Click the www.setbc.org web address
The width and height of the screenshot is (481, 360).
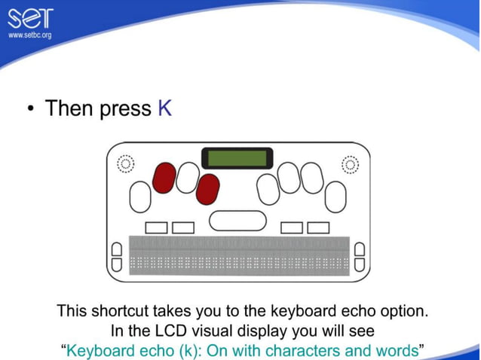[x=29, y=35]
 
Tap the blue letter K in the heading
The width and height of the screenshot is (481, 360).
[x=164, y=108]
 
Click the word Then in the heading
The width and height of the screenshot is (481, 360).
[x=70, y=108]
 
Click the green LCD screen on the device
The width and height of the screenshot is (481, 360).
[x=237, y=158]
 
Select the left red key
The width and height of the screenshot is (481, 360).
[x=164, y=178]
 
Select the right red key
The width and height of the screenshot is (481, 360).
[x=207, y=189]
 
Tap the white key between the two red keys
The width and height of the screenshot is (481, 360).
[x=187, y=178]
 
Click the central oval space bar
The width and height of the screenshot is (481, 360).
[x=237, y=220]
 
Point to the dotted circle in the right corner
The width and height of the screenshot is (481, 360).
[x=350, y=163]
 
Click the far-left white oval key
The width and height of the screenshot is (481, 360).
[x=140, y=197]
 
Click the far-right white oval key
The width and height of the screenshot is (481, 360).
[x=335, y=197]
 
